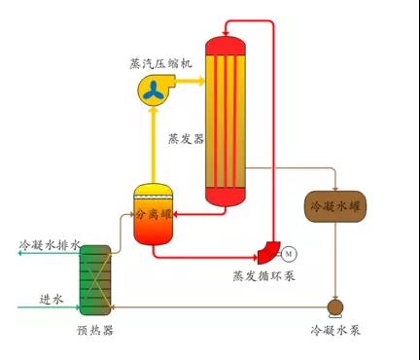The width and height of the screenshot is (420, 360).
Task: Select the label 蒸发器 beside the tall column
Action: pos(186,139)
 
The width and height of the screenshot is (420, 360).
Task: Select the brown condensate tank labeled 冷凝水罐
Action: pos(335,207)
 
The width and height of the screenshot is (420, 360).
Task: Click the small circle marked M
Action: pos(289,254)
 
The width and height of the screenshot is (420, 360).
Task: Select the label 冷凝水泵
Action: pos(335,331)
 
